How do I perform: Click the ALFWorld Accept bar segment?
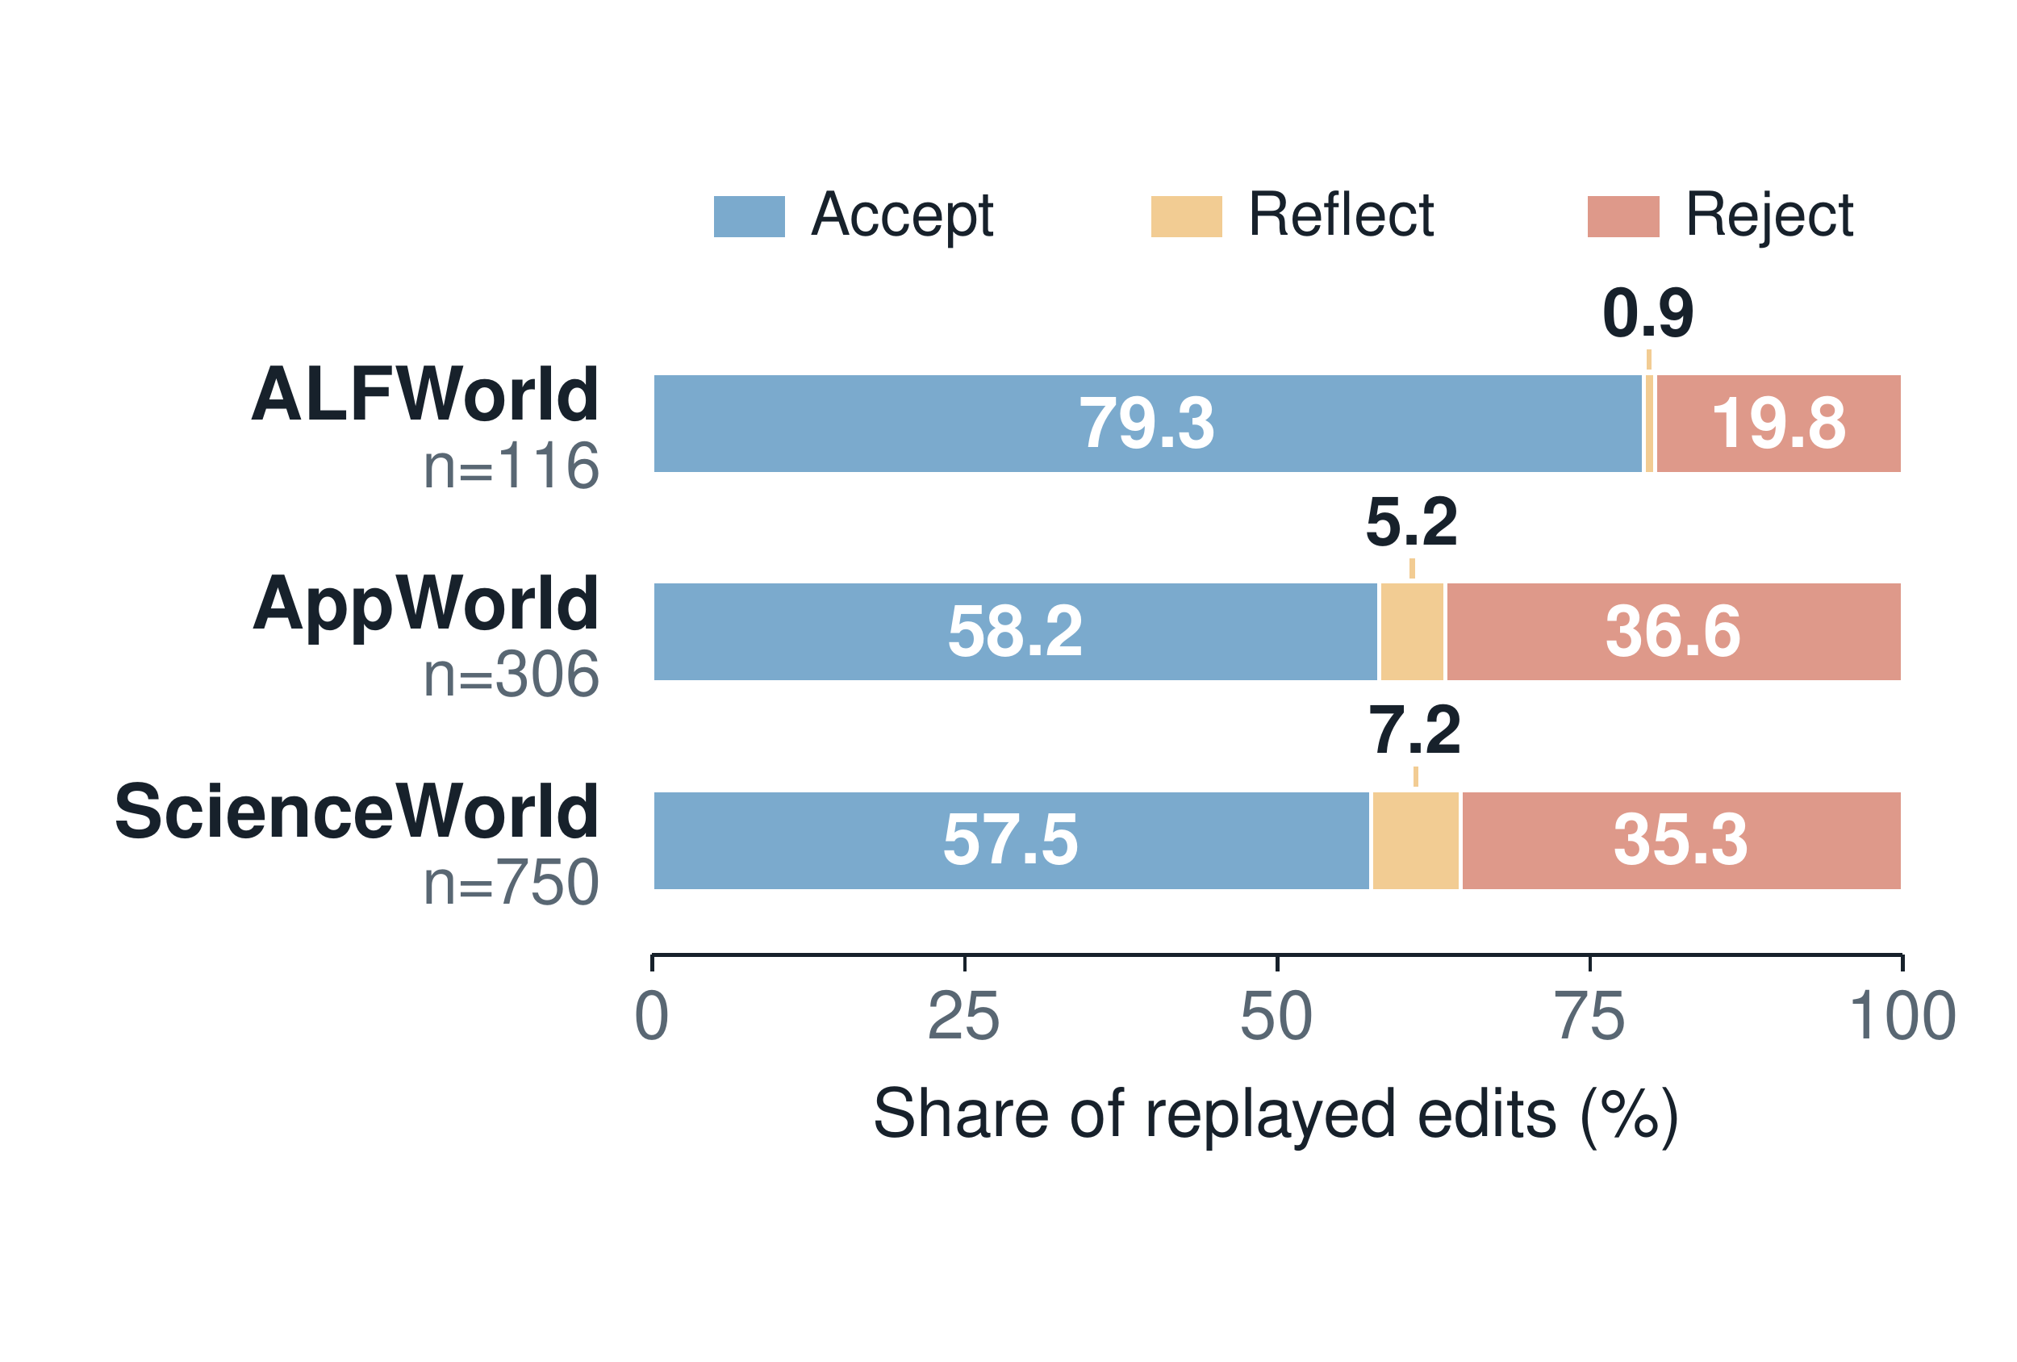point(1148,424)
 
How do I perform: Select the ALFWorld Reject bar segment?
point(1778,424)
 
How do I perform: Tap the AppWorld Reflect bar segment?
point(1412,632)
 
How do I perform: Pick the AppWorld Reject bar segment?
point(1673,632)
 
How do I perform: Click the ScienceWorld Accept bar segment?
point(1012,840)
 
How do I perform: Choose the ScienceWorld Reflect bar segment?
point(1416,840)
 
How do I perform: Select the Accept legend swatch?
point(749,216)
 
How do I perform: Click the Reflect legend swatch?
point(1187,216)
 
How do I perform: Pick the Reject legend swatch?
point(1623,216)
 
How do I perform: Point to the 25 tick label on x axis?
point(964,1017)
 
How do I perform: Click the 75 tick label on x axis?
point(1589,1017)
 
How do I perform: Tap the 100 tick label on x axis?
point(1902,1017)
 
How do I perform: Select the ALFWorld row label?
point(425,395)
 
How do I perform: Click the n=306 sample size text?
point(512,675)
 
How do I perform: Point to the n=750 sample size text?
point(512,883)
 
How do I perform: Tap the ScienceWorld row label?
point(357,812)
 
